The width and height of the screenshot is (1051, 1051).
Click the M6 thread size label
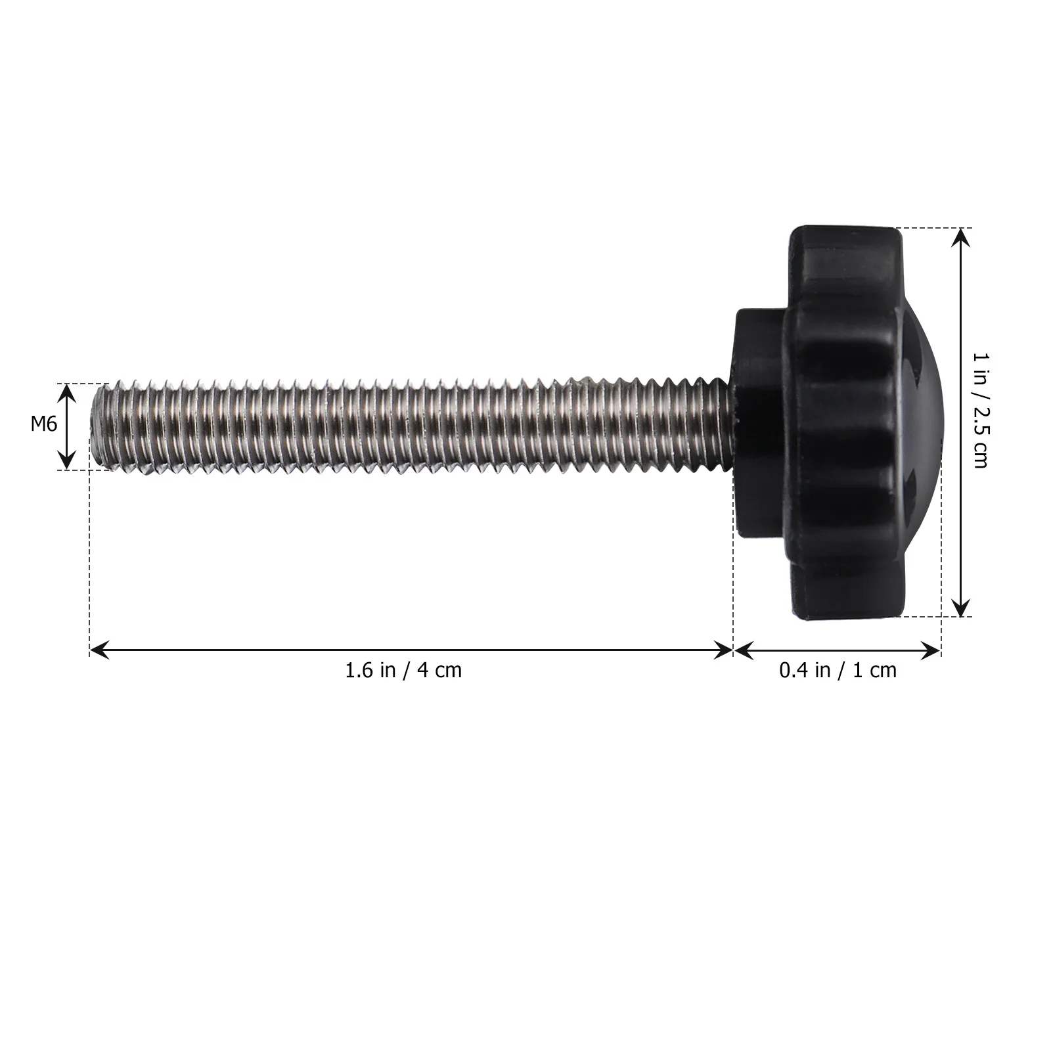[44, 424]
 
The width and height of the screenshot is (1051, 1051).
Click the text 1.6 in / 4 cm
[403, 671]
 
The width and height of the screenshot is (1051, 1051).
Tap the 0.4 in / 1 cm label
[838, 671]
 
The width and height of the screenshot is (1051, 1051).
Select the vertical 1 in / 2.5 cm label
[980, 411]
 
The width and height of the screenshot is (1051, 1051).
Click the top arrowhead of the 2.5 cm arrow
[961, 235]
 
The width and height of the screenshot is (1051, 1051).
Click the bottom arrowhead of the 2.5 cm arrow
[961, 610]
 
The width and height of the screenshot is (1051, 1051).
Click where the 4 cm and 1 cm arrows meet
[733, 650]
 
